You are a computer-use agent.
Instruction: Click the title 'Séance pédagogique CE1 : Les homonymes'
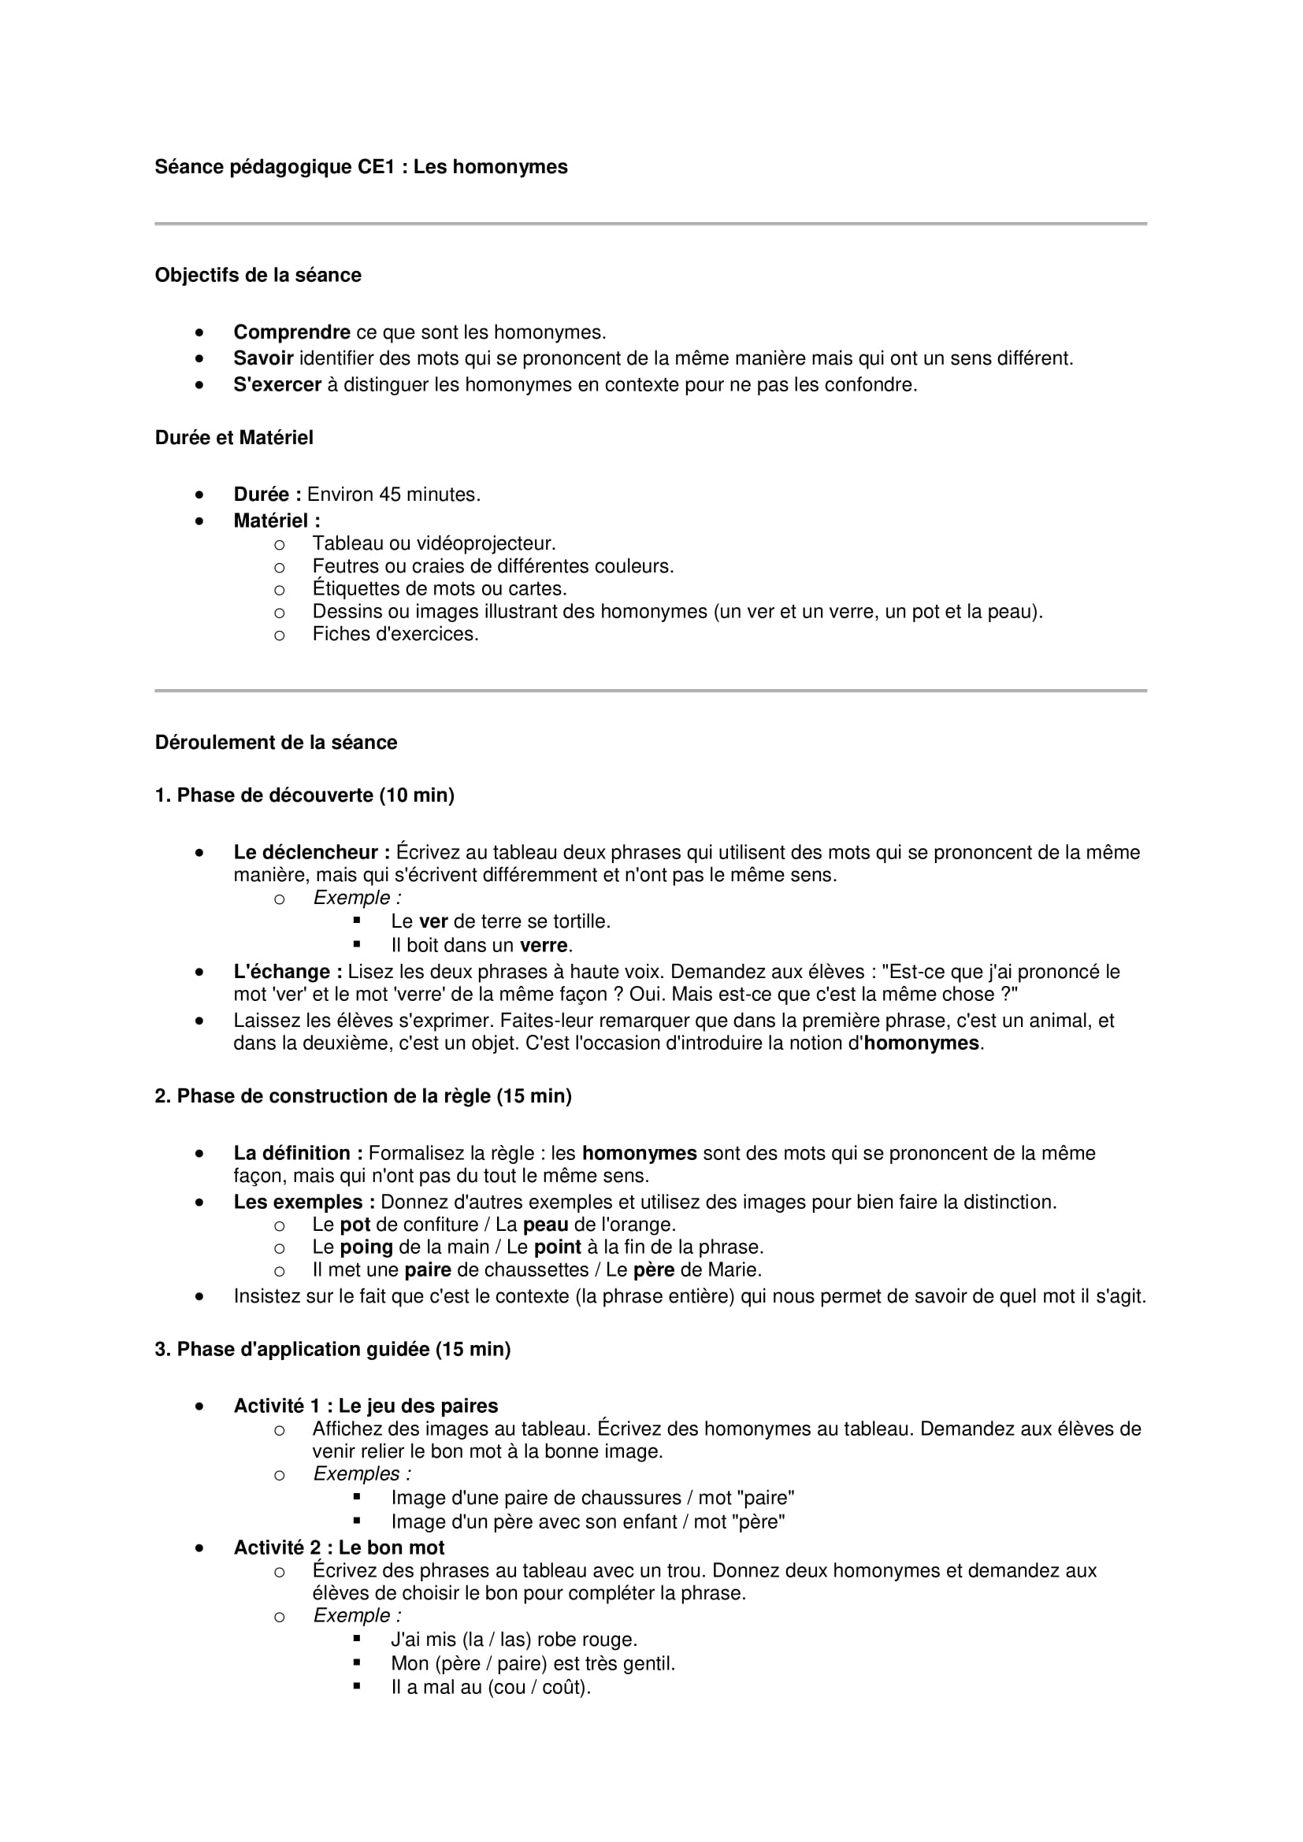pos(361,167)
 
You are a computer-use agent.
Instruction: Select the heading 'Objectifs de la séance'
pos(258,275)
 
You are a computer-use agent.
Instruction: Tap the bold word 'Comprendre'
pos(291,332)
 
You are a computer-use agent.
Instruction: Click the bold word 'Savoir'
pos(263,358)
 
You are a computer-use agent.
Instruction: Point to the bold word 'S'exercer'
pos(277,385)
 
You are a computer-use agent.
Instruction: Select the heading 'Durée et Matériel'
pos(233,438)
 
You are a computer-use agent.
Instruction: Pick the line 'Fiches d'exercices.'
pos(395,635)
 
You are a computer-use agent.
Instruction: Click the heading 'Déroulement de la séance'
pos(276,743)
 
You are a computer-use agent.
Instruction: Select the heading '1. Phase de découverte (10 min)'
pos(304,796)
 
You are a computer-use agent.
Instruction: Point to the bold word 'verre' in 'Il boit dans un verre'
pos(544,946)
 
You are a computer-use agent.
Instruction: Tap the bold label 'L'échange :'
pos(288,973)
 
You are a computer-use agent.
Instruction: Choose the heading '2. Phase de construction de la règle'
pos(362,1097)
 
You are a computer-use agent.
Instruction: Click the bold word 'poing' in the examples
pos(366,1247)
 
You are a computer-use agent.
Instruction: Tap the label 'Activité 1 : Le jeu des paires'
pos(365,1407)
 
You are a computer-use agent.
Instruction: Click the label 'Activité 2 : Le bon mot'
pos(339,1548)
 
